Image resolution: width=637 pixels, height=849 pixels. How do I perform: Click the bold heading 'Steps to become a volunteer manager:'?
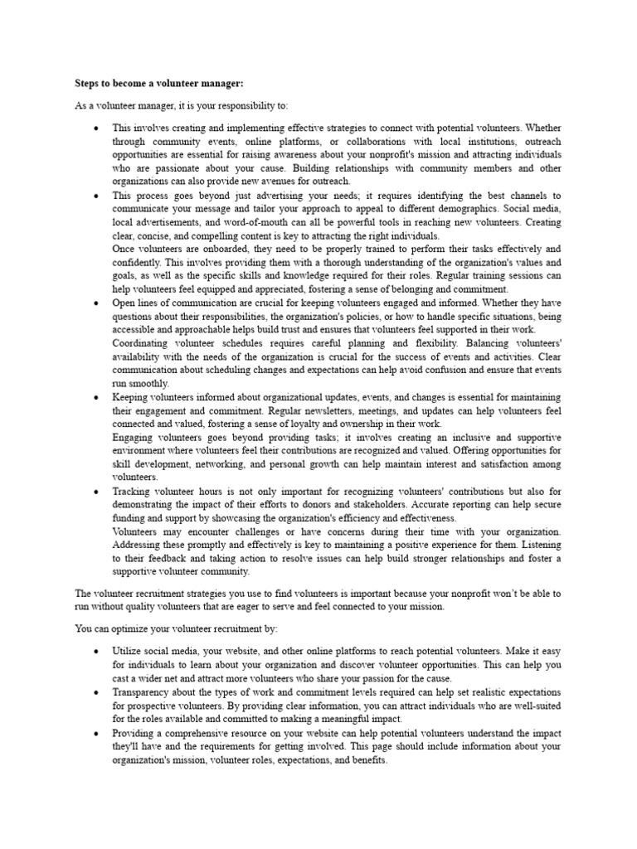tap(148, 84)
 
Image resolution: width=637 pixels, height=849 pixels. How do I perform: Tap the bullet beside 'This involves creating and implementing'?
tap(97, 129)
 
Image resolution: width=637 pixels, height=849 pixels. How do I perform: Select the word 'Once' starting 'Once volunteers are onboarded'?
tap(125, 249)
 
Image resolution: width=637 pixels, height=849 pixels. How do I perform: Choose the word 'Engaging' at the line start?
tap(134, 437)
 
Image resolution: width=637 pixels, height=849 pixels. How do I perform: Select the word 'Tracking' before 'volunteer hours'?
tap(133, 491)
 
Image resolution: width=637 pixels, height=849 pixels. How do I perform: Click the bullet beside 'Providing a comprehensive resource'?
tap(97, 733)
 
